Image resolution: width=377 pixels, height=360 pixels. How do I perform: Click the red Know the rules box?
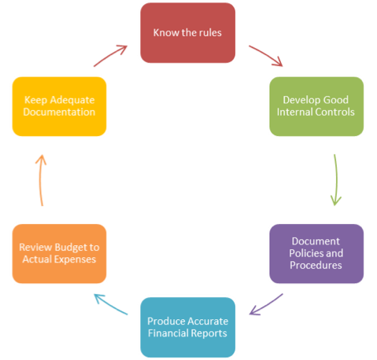point(187,33)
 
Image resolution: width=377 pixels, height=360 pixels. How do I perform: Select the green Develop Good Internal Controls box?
point(316,106)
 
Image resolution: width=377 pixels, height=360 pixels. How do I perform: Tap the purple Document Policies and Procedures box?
point(316,253)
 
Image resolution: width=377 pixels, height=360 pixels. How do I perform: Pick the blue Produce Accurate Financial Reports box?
point(187,327)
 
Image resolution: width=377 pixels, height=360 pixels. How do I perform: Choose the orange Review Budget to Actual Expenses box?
point(59,253)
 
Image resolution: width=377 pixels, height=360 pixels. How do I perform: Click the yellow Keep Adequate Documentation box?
point(59,106)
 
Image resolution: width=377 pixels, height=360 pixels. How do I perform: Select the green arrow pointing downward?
point(336,180)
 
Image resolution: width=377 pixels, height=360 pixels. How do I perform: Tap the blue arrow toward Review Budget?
point(110,304)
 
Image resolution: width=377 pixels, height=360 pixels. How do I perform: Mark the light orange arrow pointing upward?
point(40,180)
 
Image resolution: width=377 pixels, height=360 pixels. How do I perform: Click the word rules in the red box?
point(210,33)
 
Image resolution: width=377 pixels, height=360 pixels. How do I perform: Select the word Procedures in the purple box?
point(316,265)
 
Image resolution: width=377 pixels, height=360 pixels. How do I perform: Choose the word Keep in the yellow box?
point(35,101)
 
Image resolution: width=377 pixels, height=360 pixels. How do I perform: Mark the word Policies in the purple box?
point(304,253)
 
